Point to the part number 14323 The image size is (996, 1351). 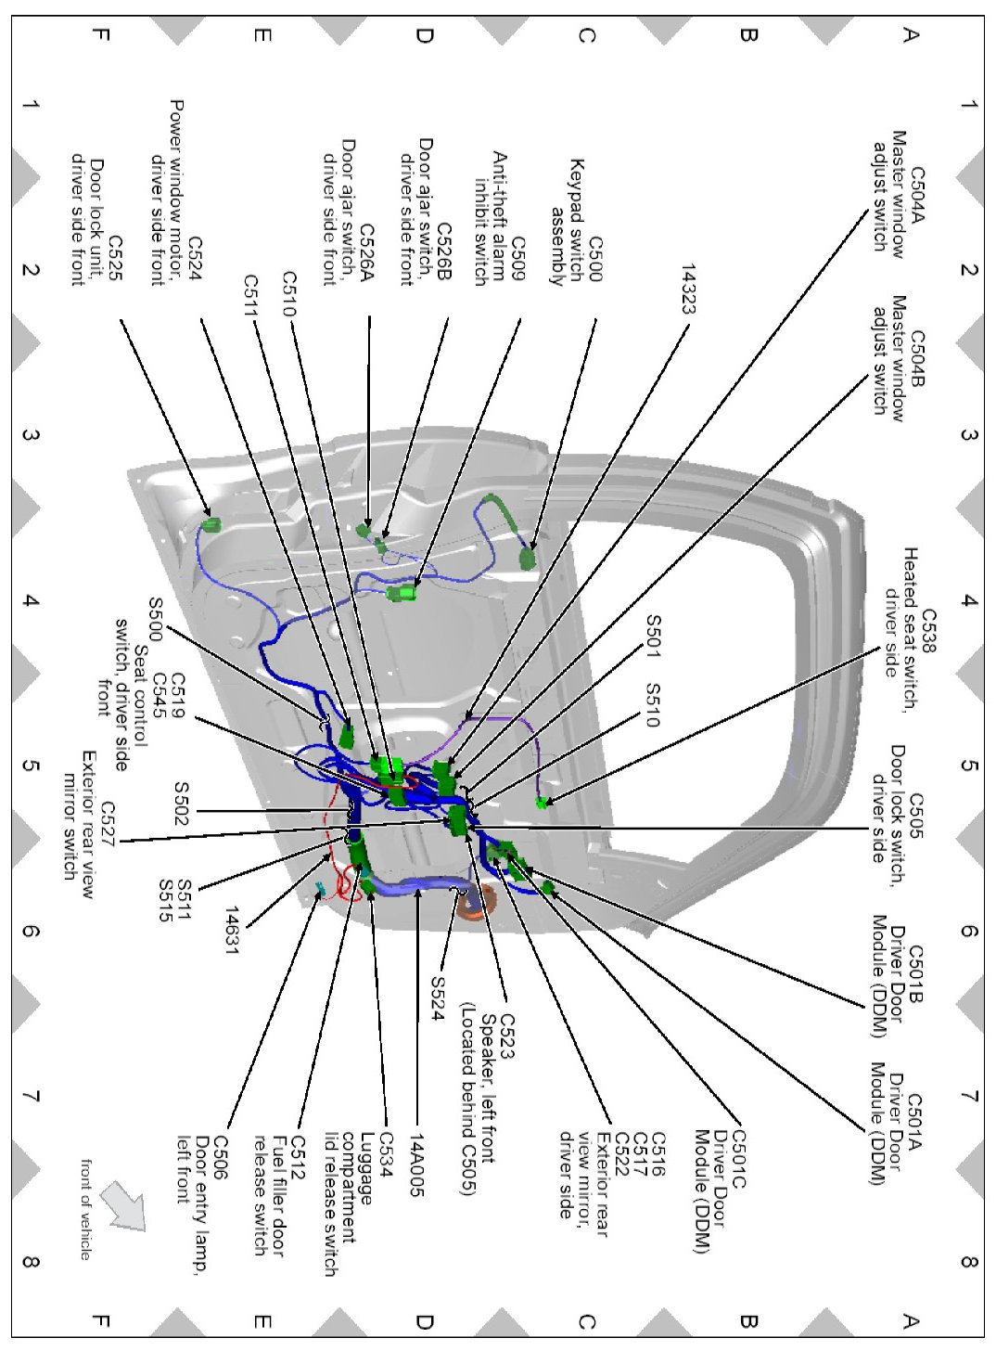[688, 289]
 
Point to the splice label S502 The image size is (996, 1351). [182, 804]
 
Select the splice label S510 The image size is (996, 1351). [653, 705]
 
